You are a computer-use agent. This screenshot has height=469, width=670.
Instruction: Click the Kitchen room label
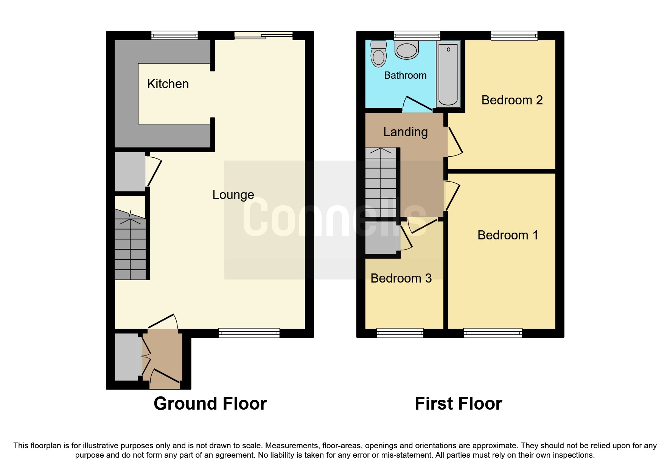tap(168, 84)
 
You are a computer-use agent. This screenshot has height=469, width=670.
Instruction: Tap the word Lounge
tap(233, 195)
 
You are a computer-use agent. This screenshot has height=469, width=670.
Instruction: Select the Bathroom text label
tap(405, 75)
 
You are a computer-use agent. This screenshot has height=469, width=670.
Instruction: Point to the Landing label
tap(405, 132)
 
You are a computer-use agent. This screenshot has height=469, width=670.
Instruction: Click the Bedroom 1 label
tap(507, 235)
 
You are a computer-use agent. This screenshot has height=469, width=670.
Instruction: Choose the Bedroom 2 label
tap(512, 100)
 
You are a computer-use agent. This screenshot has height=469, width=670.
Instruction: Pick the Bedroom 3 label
tap(401, 278)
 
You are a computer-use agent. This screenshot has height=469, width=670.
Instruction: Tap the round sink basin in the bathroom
tap(407, 50)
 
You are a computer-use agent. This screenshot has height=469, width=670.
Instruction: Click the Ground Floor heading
tap(210, 404)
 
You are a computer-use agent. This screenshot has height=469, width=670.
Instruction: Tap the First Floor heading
tap(458, 404)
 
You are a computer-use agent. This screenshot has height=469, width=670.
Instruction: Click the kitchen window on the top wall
tap(174, 36)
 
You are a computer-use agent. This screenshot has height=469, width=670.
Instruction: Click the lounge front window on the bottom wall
tap(249, 333)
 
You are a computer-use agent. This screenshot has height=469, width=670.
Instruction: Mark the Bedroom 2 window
tap(514, 36)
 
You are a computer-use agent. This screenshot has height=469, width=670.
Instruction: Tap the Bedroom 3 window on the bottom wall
tap(400, 333)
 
